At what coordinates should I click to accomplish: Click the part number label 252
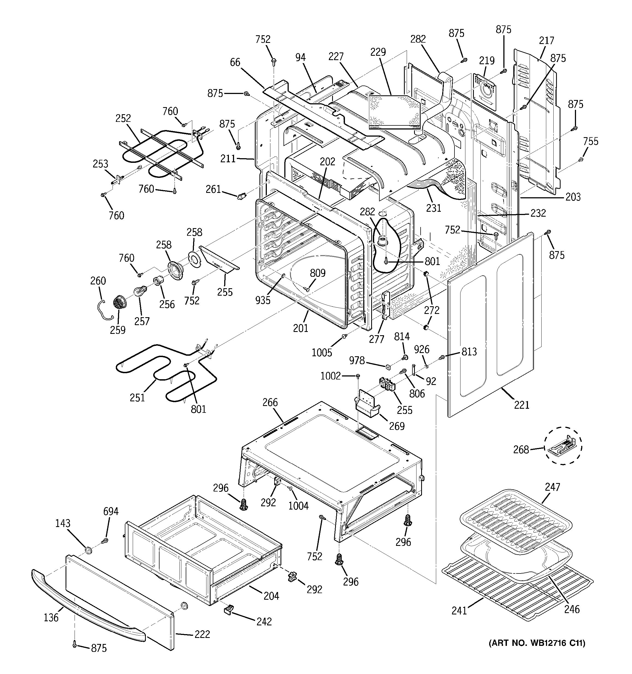123,118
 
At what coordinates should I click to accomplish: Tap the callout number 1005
321,353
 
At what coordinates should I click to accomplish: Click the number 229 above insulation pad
378,52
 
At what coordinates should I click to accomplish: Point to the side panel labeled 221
491,325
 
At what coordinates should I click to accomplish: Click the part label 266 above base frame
270,402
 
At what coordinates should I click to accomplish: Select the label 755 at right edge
591,141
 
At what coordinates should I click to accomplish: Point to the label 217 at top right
546,41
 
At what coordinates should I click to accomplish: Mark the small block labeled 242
229,610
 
